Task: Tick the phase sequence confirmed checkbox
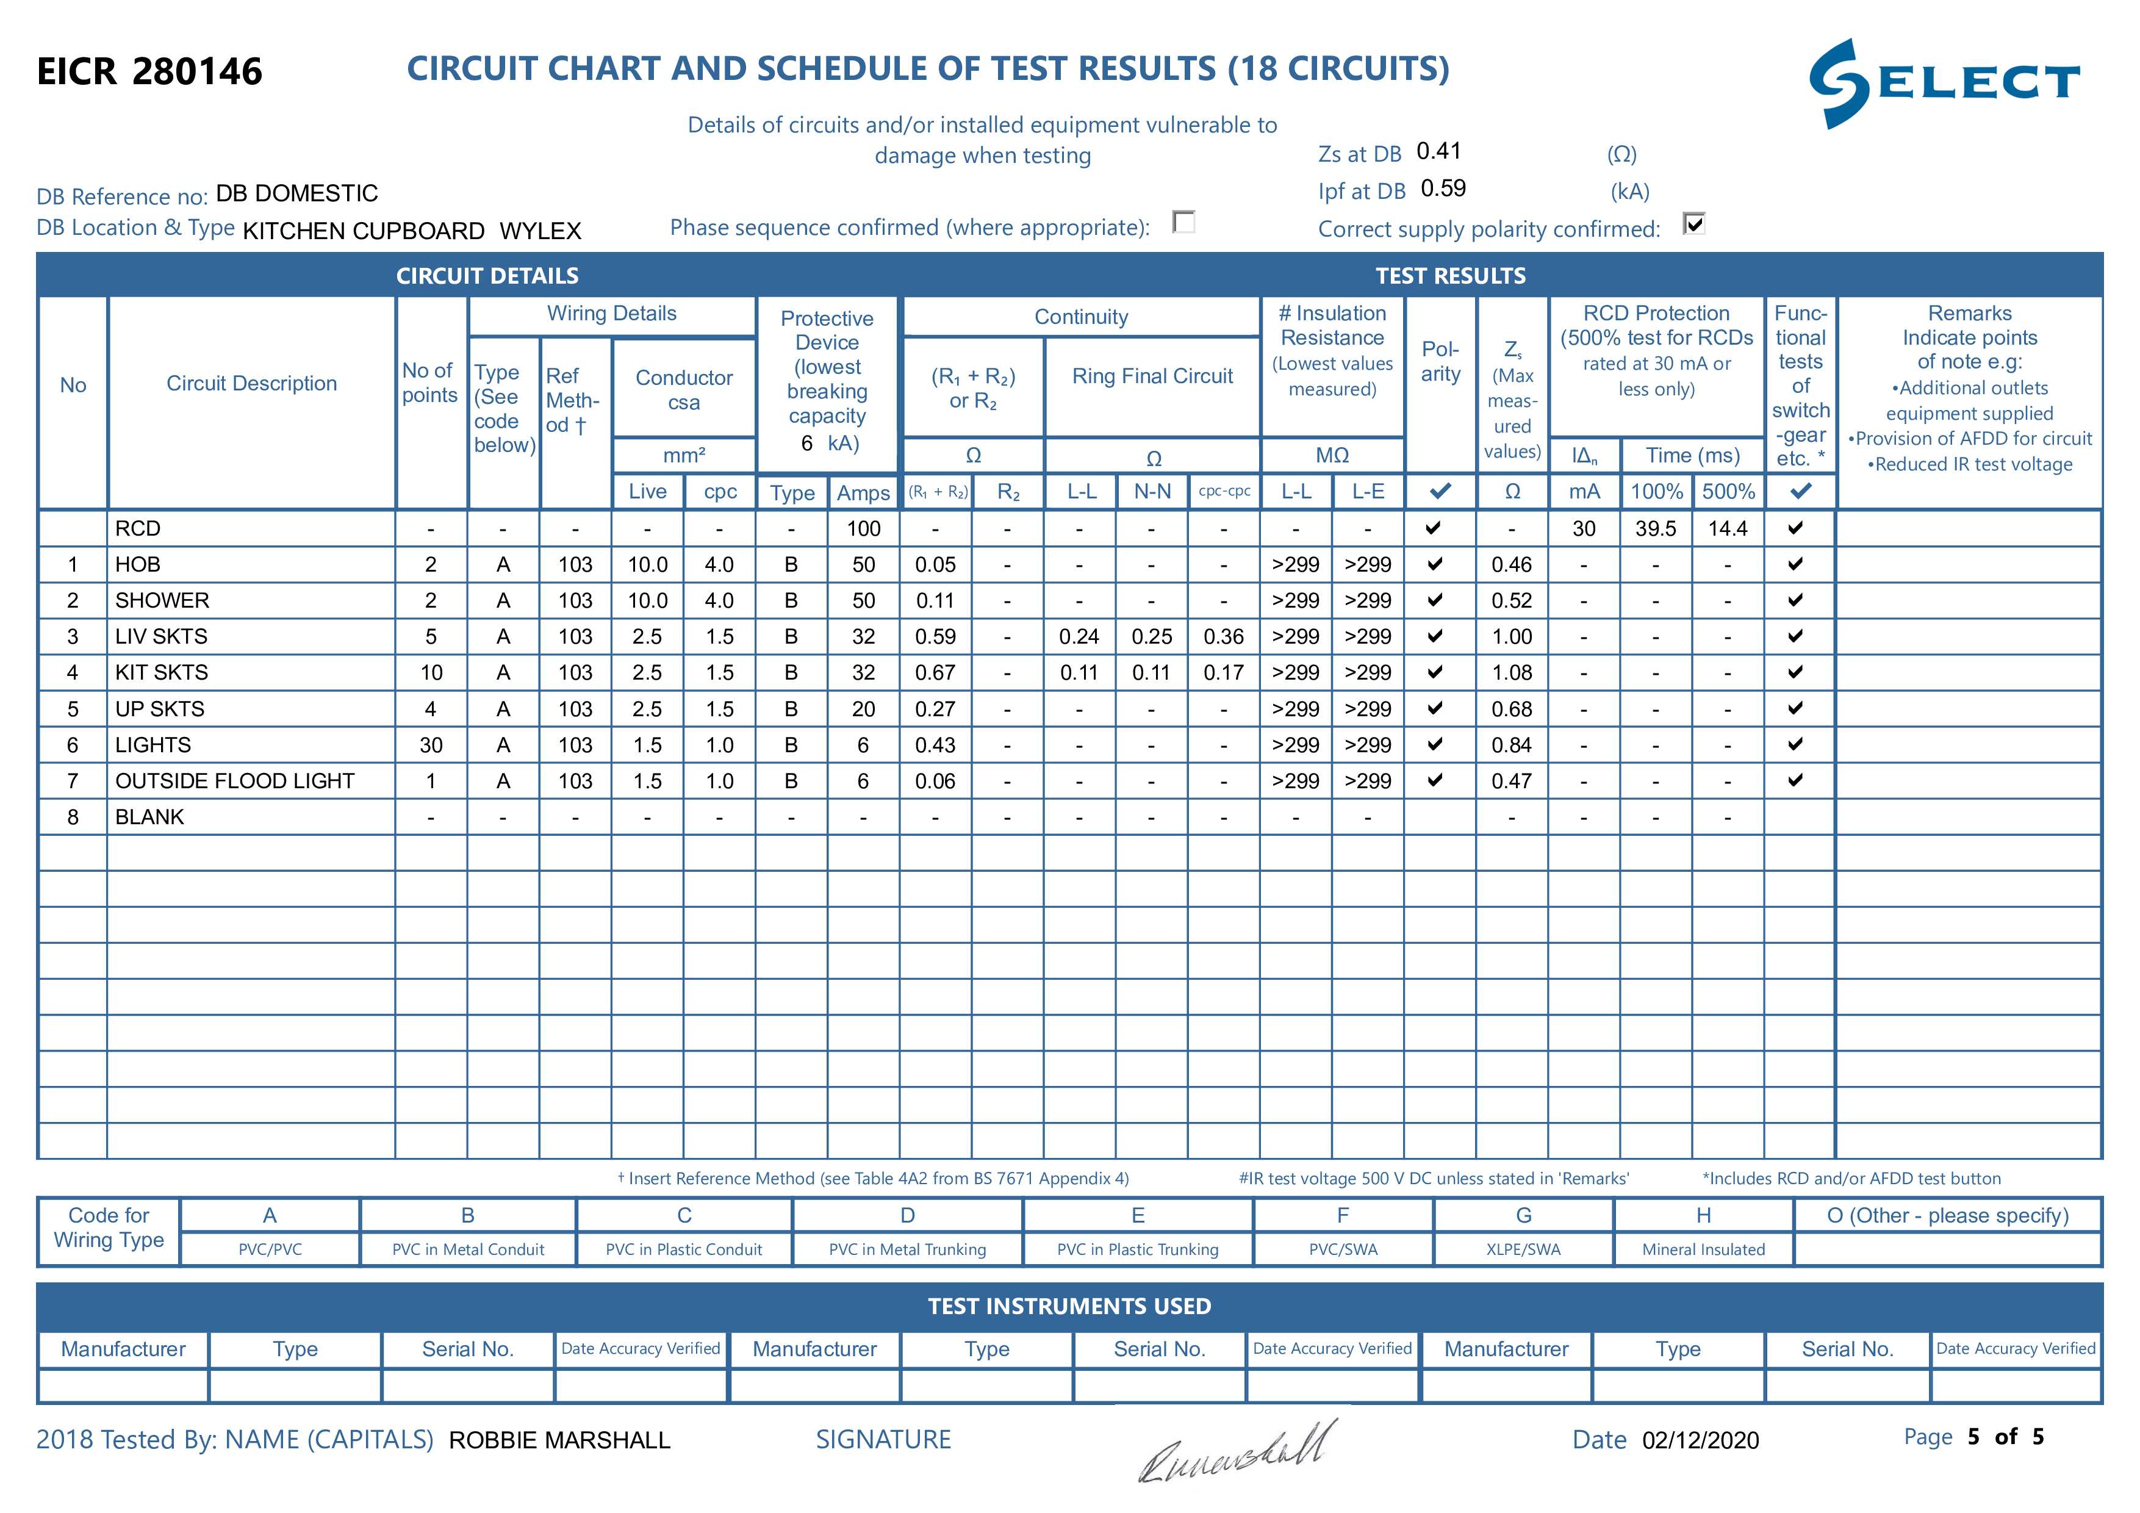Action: point(1183,223)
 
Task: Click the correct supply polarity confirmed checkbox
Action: point(1693,224)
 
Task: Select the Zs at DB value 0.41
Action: point(1438,151)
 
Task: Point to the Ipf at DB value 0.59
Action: point(1443,189)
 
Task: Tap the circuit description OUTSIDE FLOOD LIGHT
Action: point(235,781)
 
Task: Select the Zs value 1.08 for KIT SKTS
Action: point(1511,672)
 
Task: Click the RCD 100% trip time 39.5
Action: point(1656,528)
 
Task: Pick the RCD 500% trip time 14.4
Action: point(1727,528)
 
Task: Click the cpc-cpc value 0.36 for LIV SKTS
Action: point(1223,637)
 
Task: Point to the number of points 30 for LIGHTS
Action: point(431,745)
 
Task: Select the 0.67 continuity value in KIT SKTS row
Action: point(935,672)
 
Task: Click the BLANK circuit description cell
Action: point(150,817)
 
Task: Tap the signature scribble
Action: point(1237,1451)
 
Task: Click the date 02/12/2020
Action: point(1700,1440)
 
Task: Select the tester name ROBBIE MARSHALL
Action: point(559,1440)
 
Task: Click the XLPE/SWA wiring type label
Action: point(1523,1249)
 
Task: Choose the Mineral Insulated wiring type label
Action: point(1703,1249)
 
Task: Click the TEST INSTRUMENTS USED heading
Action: point(1069,1306)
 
